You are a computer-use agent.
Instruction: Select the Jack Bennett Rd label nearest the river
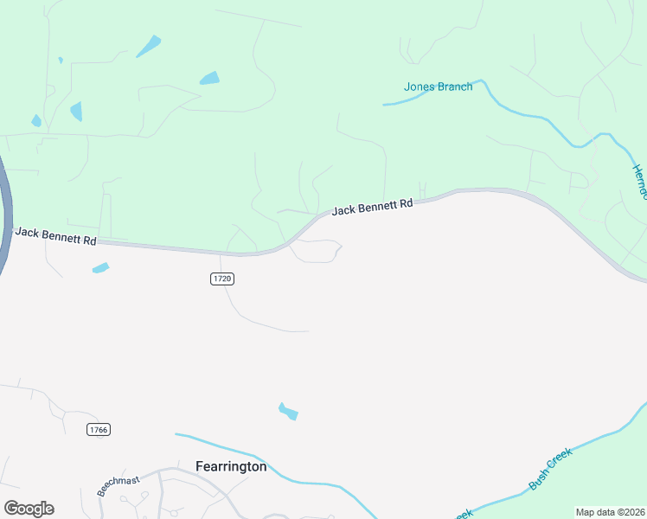click(x=55, y=236)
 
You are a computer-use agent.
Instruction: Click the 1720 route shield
click(x=222, y=279)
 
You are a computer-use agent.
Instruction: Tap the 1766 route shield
click(x=99, y=429)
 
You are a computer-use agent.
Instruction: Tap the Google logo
click(x=29, y=509)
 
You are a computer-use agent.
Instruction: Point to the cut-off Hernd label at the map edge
click(x=639, y=182)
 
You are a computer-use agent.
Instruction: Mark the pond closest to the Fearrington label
click(x=288, y=412)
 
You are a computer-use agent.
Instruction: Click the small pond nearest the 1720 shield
click(x=100, y=268)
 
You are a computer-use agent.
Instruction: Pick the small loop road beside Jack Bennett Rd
click(x=316, y=251)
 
